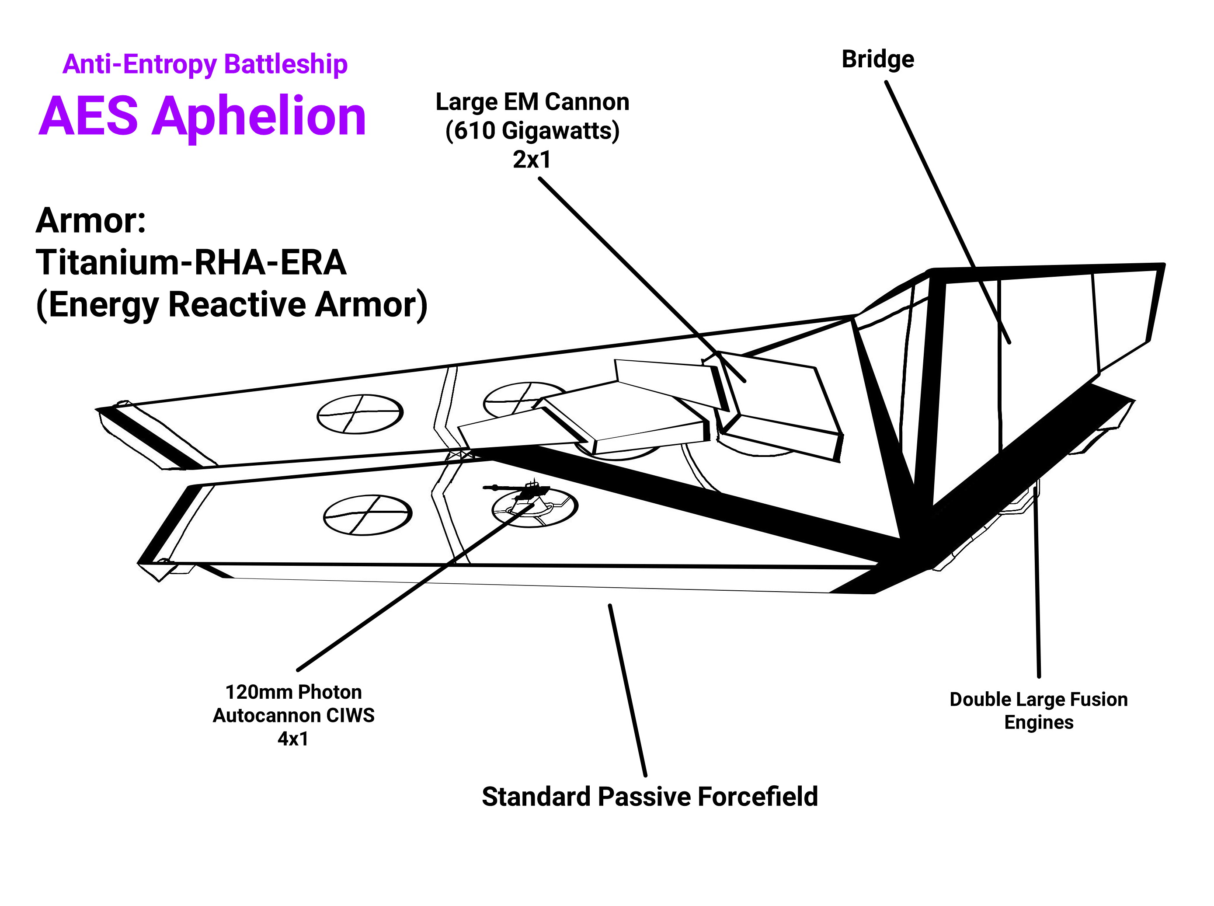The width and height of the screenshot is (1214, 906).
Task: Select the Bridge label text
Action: click(x=877, y=59)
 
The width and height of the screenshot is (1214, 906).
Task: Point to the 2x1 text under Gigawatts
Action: click(x=531, y=160)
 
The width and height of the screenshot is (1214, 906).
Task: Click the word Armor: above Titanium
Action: click(x=91, y=220)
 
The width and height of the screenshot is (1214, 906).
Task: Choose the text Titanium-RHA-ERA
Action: click(x=191, y=262)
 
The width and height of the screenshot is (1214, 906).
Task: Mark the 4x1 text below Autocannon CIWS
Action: click(x=293, y=739)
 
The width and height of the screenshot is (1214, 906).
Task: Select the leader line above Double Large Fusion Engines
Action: click(x=1037, y=581)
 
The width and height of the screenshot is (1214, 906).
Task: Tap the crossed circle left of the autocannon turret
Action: click(x=367, y=514)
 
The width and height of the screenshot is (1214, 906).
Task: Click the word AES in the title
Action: click(x=88, y=117)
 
